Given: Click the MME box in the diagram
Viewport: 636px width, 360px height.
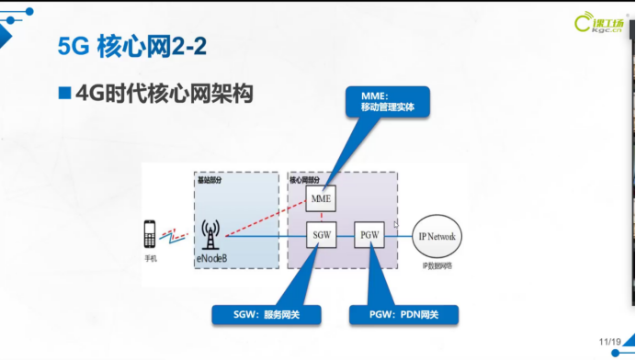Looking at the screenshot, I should tap(321, 198).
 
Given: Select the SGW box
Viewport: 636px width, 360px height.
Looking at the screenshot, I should tap(322, 235).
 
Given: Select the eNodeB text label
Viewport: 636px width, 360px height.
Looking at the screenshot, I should tap(212, 258).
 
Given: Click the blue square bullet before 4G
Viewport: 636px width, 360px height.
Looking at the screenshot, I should tap(64, 93).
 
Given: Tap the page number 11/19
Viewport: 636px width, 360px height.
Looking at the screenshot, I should tap(609, 342).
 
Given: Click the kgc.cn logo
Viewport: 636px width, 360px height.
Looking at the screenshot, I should tap(598, 23).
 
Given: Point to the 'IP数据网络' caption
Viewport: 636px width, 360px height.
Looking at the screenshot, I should tap(437, 265).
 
